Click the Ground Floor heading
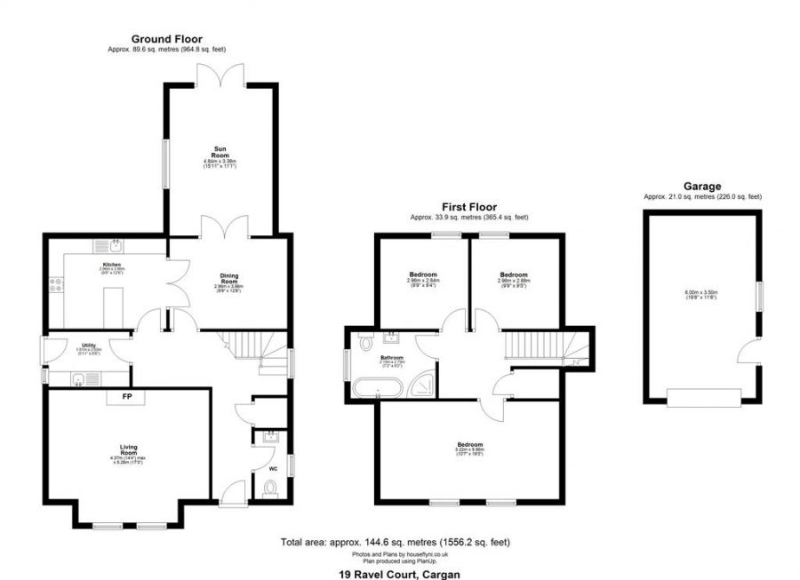167,39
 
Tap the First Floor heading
466,206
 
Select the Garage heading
702,187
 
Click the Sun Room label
219,152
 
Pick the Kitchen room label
111,265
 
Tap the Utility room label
89,344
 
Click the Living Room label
127,449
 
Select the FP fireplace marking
127,396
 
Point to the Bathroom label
392,357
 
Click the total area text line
396,542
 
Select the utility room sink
79,379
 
